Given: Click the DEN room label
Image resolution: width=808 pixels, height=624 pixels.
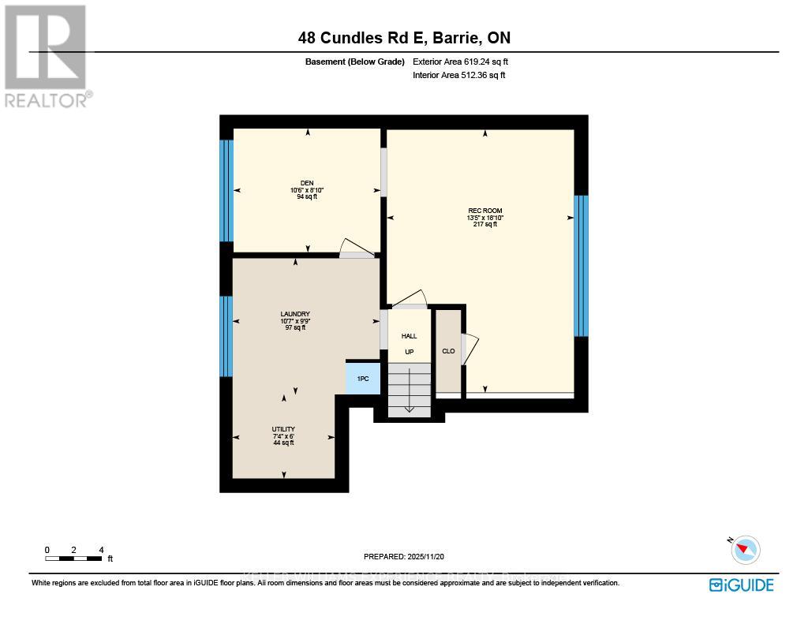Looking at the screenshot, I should (307, 183).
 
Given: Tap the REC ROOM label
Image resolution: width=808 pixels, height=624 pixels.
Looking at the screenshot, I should (484, 211).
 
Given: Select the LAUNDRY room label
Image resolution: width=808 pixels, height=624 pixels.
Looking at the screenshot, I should (294, 314).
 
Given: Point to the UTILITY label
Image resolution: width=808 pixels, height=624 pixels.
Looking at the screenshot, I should (283, 429).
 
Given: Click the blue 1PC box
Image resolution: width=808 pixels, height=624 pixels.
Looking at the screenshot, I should (363, 379).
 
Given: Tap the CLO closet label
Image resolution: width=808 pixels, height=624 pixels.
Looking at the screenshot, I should (448, 351).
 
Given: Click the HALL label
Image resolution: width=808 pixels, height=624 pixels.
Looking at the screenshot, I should (409, 336).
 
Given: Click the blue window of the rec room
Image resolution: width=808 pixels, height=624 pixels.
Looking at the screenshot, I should (581, 266).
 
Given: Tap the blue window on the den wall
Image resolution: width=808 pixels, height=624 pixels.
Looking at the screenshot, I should (226, 190).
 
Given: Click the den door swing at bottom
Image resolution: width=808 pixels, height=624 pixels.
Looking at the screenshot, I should (355, 248).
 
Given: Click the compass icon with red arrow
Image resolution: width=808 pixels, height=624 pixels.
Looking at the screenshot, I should (746, 549).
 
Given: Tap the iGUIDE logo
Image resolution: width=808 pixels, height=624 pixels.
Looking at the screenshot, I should (741, 585).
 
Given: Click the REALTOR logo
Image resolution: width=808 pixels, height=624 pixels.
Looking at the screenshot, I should (47, 55).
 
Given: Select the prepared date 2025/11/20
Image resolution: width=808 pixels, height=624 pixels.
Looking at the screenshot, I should (404, 557).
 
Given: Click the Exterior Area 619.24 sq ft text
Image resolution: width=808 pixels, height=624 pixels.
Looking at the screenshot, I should (466, 62).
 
